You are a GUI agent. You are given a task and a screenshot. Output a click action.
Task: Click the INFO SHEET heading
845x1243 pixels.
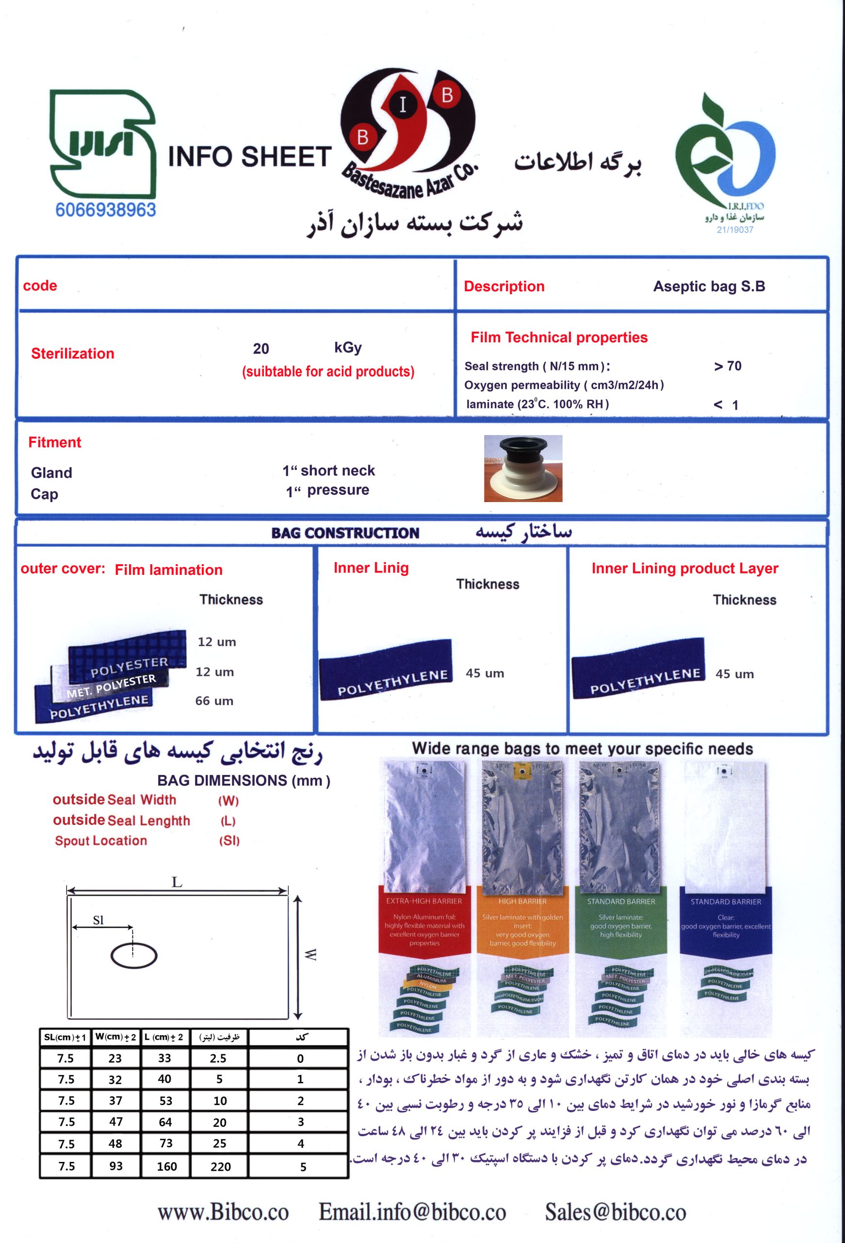coord(250,157)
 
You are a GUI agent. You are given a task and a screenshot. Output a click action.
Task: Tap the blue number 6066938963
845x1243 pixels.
coord(105,210)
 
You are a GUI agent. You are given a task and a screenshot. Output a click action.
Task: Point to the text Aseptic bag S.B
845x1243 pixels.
coord(709,286)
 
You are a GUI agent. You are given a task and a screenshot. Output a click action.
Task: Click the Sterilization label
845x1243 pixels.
coord(73,353)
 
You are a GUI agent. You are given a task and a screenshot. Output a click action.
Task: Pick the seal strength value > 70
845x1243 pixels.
coord(728,367)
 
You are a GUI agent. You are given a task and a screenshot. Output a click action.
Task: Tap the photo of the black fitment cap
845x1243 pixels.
coord(523,468)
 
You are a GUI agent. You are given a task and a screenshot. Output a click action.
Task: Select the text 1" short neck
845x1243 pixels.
coord(329,470)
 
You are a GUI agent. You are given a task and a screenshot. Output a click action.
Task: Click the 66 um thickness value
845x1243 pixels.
coord(214,701)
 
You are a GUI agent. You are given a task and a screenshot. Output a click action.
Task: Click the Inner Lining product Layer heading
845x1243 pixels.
coord(684,569)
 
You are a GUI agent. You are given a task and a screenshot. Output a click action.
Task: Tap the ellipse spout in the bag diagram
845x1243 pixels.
coord(133,956)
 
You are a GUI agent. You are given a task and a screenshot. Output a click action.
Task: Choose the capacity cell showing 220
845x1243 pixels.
coord(220,1166)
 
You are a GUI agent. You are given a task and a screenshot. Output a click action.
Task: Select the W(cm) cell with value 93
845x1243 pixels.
coord(115,1166)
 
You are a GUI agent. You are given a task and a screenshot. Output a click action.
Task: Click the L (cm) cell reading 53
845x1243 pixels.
coord(166,1101)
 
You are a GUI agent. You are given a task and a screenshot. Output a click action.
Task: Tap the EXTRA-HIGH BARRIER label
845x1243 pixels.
coord(424,901)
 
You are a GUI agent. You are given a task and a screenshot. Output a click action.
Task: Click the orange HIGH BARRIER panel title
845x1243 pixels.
coord(522,901)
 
